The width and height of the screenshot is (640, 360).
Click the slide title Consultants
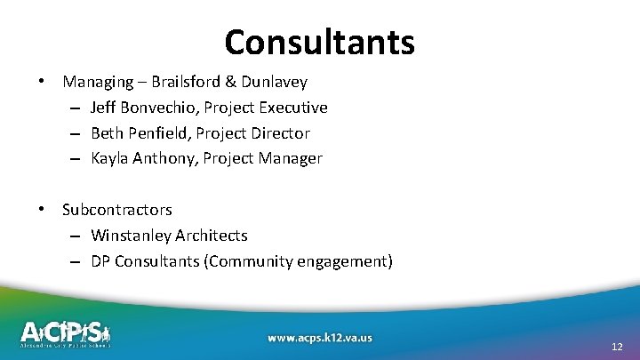[x=319, y=41]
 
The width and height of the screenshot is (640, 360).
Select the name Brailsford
[x=185, y=83]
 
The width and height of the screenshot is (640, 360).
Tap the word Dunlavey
[x=273, y=83]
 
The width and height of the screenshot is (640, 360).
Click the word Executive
[x=293, y=108]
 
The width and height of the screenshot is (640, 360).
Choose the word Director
[x=280, y=133]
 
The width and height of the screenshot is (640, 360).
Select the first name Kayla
[x=109, y=158]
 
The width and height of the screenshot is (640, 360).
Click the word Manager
[x=291, y=158]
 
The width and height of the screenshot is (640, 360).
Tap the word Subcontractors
[x=117, y=210]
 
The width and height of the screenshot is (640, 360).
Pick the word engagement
[x=348, y=261]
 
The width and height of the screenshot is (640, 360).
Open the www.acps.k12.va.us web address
[x=320, y=337]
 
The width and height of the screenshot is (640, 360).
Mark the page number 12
[x=618, y=346]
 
